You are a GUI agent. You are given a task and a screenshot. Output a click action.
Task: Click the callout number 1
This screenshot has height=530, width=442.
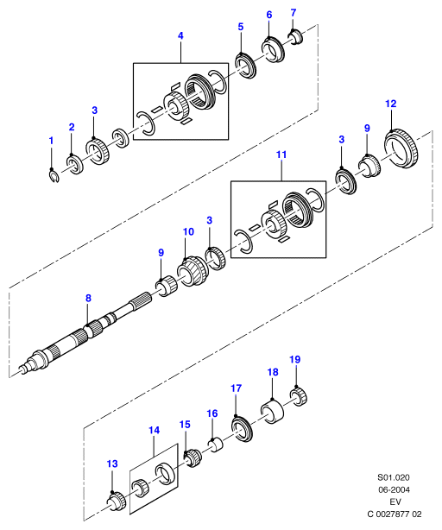pos(51,141)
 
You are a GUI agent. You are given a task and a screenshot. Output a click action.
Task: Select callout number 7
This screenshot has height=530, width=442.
pos(294,13)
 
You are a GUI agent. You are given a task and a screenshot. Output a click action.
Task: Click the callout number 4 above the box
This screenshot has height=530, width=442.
pos(180,35)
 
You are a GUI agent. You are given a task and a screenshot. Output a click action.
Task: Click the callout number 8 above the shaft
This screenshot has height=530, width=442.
pos(88,298)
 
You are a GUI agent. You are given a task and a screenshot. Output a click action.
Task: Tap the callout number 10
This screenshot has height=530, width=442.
pos(188,232)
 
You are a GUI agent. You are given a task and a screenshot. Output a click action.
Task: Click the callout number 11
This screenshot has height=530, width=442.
pos(281,155)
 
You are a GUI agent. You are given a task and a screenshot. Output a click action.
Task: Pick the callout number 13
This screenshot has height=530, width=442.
pos(112,464)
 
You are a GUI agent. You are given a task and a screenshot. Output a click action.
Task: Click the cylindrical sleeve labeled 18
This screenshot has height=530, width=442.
pos(272,411)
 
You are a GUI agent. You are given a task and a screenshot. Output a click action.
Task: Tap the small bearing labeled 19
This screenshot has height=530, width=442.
pos(299,397)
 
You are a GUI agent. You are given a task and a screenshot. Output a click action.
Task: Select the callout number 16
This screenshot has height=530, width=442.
pos(212,413)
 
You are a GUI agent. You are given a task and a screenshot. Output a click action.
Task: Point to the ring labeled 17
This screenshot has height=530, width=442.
pos(242,429)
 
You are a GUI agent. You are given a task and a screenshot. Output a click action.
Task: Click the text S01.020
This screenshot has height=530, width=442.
pos(394,477)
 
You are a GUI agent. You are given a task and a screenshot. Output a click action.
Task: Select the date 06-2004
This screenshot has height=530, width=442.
pos(394,489)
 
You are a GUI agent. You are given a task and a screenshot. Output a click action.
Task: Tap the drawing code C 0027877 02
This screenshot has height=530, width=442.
pos(395,514)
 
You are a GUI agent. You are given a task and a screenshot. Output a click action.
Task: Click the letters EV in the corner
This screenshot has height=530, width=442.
pos(395,502)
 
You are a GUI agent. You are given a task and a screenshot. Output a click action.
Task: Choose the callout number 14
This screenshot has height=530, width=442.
pos(154,430)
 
